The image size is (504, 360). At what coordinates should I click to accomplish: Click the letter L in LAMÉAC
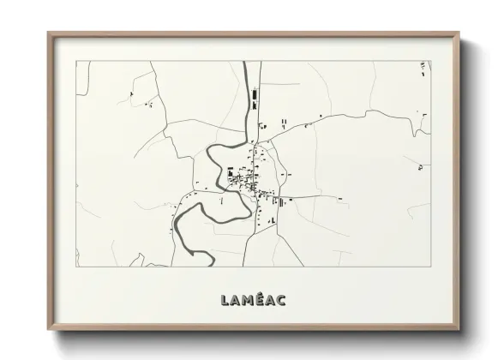click(224, 300)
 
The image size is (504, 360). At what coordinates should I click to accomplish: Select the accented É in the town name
click(259, 299)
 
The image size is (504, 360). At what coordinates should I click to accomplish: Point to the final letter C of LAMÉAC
click(282, 300)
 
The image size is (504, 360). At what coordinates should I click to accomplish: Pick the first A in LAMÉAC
click(234, 300)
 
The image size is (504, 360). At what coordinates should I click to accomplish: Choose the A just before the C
click(270, 300)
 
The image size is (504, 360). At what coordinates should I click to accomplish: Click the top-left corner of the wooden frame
click(49, 33)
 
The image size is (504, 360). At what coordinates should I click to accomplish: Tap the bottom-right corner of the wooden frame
click(459, 328)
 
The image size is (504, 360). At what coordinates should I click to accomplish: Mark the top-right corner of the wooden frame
click(459, 33)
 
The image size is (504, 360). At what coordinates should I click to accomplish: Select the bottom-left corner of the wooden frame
click(49, 328)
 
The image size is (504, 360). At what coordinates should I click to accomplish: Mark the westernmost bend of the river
click(175, 226)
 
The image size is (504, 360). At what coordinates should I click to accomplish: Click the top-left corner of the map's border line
click(76, 61)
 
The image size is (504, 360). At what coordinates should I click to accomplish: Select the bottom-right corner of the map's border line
click(430, 266)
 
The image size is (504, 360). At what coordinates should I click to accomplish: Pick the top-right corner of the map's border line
click(430, 61)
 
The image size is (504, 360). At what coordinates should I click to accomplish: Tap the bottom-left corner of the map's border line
click(76, 266)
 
